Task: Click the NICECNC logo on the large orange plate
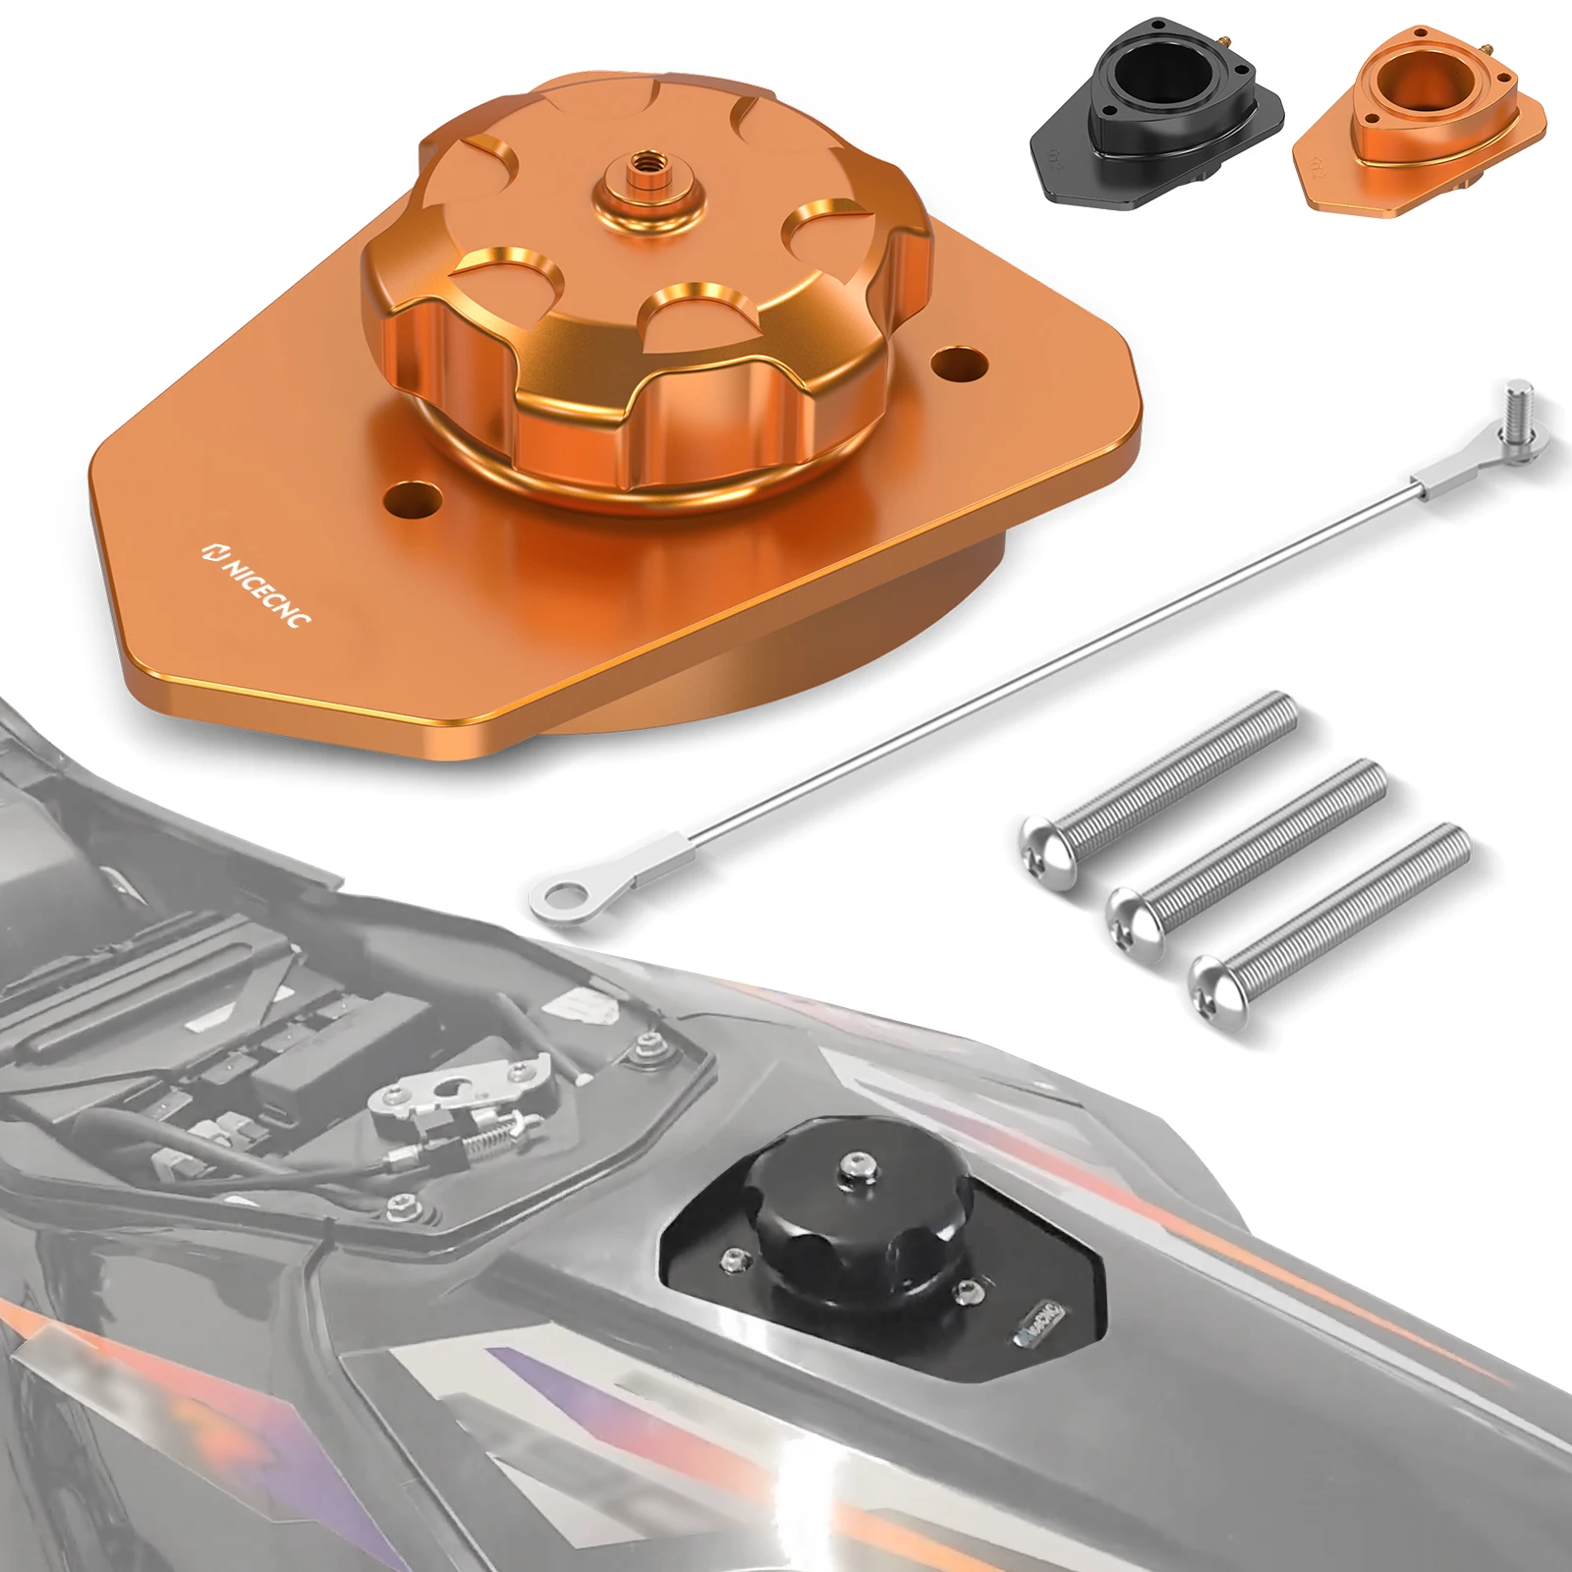click(x=257, y=584)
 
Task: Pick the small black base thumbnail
click(x=1155, y=110)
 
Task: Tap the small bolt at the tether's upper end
click(x=1519, y=413)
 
